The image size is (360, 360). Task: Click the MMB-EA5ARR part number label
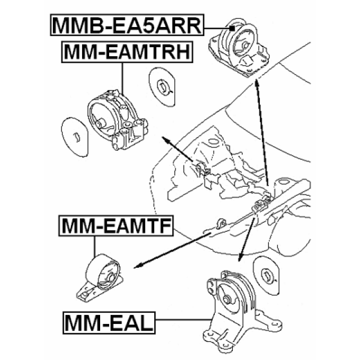pyautogui.click(x=128, y=25)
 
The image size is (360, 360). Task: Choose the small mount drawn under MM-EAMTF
pyautogui.click(x=101, y=276)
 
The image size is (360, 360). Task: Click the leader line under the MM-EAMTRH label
pyautogui.click(x=123, y=76)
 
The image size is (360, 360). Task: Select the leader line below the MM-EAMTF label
pyautogui.click(x=94, y=245)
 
